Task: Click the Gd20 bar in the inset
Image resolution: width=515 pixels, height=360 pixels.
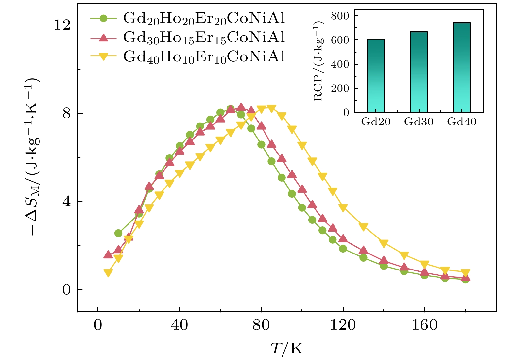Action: pyautogui.click(x=376, y=76)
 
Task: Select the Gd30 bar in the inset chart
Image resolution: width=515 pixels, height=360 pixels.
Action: pyautogui.click(x=419, y=72)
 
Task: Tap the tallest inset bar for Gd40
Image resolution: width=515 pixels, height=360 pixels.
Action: pyautogui.click(x=462, y=68)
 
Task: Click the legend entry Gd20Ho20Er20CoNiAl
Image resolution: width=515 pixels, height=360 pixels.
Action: pyautogui.click(x=204, y=18)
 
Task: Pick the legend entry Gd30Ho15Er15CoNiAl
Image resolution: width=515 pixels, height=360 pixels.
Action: pyautogui.click(x=204, y=38)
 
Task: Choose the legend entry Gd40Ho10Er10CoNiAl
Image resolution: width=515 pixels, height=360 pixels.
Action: pyautogui.click(x=204, y=57)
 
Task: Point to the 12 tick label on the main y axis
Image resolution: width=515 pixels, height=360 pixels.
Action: pyautogui.click(x=62, y=25)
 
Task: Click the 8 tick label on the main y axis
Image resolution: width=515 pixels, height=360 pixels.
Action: pyautogui.click(x=66, y=113)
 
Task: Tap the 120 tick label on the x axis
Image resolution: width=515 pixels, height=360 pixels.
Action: pyautogui.click(x=343, y=325)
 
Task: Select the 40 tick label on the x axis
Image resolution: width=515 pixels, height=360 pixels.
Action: pyautogui.click(x=180, y=325)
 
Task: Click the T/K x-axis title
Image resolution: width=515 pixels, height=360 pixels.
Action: pyautogui.click(x=287, y=349)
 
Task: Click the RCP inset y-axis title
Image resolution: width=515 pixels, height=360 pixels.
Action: pyautogui.click(x=318, y=61)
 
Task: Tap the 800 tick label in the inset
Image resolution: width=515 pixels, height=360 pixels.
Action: pyautogui.click(x=340, y=16)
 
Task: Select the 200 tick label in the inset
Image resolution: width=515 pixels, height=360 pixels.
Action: pyautogui.click(x=340, y=88)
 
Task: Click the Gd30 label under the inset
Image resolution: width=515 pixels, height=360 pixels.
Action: pyautogui.click(x=419, y=122)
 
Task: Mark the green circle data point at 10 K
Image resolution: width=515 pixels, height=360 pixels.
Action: pyautogui.click(x=118, y=233)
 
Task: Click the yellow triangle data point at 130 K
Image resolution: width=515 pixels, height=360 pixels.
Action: pyautogui.click(x=363, y=227)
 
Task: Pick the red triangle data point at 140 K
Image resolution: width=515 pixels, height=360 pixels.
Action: pyautogui.click(x=384, y=260)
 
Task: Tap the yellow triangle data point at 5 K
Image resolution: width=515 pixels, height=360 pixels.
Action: pyautogui.click(x=108, y=273)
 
